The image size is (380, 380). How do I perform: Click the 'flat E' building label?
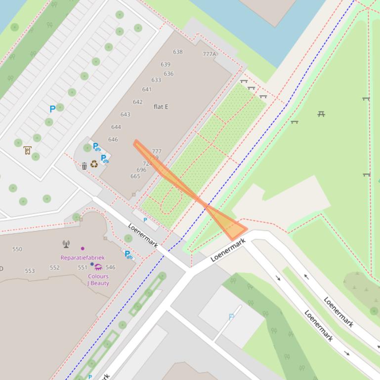click(x=161, y=107)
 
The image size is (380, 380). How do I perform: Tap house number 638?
click(x=178, y=52)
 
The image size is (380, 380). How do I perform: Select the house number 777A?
click(x=209, y=54)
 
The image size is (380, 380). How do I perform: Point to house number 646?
click(x=113, y=140)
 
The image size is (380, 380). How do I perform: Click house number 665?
click(x=135, y=176)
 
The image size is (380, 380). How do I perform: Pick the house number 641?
click(x=147, y=90)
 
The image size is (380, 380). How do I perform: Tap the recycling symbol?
click(x=94, y=164)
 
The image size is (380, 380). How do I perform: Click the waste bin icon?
click(x=84, y=166)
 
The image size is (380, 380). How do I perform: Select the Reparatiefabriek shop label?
click(x=83, y=258)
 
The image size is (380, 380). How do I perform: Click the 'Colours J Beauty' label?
click(x=98, y=280)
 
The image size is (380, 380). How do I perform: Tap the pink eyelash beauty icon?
click(x=98, y=267)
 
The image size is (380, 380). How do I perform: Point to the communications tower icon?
click(x=66, y=244)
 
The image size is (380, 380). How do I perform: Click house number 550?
click(x=17, y=249)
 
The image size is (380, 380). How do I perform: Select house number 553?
click(x=30, y=271)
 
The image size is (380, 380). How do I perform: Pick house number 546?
click(x=110, y=267)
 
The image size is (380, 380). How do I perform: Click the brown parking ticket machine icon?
click(x=27, y=151)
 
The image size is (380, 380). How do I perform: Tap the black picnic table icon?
click(x=321, y=114)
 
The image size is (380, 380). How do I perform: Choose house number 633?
click(x=156, y=80)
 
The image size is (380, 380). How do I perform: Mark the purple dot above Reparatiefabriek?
click(x=83, y=248)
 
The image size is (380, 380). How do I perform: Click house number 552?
click(x=54, y=267)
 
